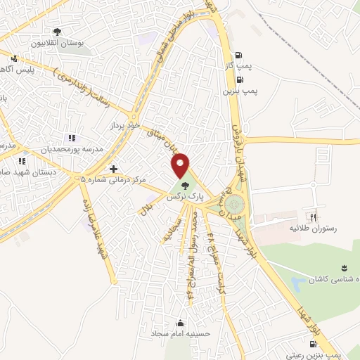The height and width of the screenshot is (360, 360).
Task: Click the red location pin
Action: point(181,165)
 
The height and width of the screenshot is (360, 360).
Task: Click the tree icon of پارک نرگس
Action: point(185,186)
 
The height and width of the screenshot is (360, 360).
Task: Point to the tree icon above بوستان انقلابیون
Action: point(57,31)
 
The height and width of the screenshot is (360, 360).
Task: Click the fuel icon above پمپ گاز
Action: point(240,56)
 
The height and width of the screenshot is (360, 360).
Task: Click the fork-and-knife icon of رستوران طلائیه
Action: point(314,218)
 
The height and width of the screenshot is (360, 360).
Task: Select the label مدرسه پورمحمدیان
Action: point(72,150)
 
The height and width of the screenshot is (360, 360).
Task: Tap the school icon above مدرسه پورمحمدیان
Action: point(70,138)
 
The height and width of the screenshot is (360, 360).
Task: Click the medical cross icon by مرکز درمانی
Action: point(113,169)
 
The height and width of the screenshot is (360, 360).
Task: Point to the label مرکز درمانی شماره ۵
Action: point(113,180)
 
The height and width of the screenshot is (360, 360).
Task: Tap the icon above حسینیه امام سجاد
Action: point(181,323)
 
